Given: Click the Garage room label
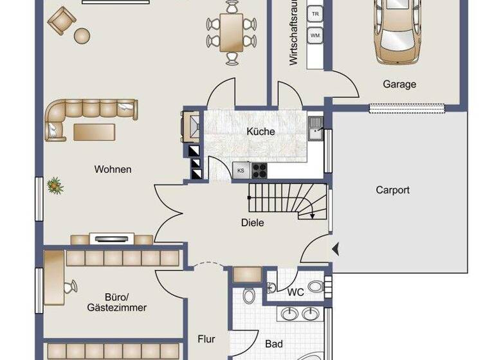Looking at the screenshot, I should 399,84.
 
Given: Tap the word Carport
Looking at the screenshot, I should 392,190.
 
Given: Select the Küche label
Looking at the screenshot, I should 261,132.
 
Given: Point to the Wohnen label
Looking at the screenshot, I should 113,170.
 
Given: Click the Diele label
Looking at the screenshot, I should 253,223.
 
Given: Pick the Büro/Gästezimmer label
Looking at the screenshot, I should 116,302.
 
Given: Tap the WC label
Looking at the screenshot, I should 295,292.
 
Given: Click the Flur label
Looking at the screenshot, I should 206,339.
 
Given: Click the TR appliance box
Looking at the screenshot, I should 315,14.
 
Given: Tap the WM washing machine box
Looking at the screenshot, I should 315,35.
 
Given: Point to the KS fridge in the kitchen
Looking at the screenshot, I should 241,170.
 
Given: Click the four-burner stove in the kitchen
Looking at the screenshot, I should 259,170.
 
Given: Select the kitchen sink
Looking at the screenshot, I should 316,129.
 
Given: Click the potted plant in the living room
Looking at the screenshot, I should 56,186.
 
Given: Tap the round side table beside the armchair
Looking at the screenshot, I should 82,35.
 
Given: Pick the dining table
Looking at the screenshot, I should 231,32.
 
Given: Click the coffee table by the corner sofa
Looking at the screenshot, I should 94,132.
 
